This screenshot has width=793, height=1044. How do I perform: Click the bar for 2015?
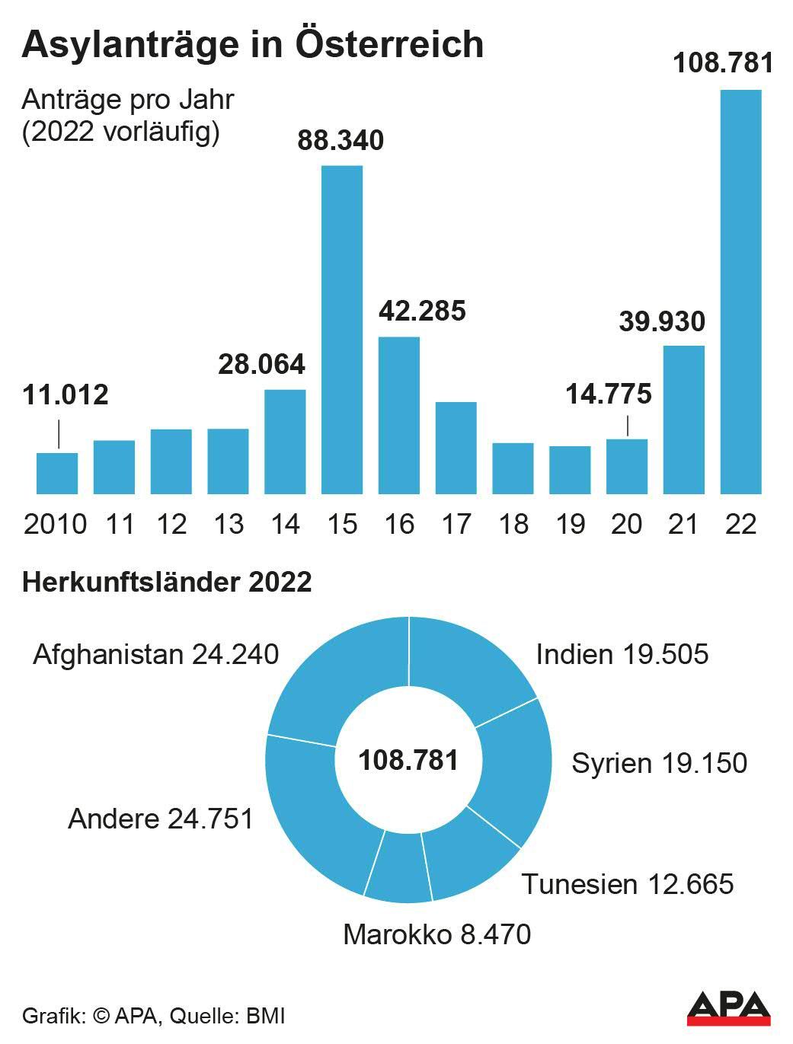[342, 329]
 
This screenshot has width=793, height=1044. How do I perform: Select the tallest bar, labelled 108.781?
[740, 292]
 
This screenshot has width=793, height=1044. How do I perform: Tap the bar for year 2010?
[57, 473]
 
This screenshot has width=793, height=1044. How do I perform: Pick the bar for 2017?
[456, 448]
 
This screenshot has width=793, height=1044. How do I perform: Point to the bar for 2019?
[570, 470]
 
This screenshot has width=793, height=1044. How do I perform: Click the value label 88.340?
[341, 141]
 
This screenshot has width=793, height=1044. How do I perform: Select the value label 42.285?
[422, 311]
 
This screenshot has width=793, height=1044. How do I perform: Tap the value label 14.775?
[609, 394]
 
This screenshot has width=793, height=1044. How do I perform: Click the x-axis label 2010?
[55, 524]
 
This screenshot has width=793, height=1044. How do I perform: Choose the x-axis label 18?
[513, 524]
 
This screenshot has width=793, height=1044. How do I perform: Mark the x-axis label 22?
[740, 524]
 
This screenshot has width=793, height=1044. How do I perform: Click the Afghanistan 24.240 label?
[155, 654]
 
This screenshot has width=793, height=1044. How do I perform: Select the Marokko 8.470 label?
[436, 934]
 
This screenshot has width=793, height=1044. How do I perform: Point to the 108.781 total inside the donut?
[408, 759]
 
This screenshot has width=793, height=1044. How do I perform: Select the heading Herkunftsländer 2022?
[167, 583]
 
